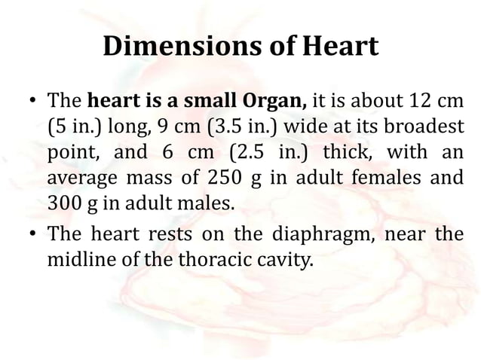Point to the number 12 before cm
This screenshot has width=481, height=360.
click(x=421, y=99)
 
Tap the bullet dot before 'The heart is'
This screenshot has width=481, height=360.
click(x=31, y=100)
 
